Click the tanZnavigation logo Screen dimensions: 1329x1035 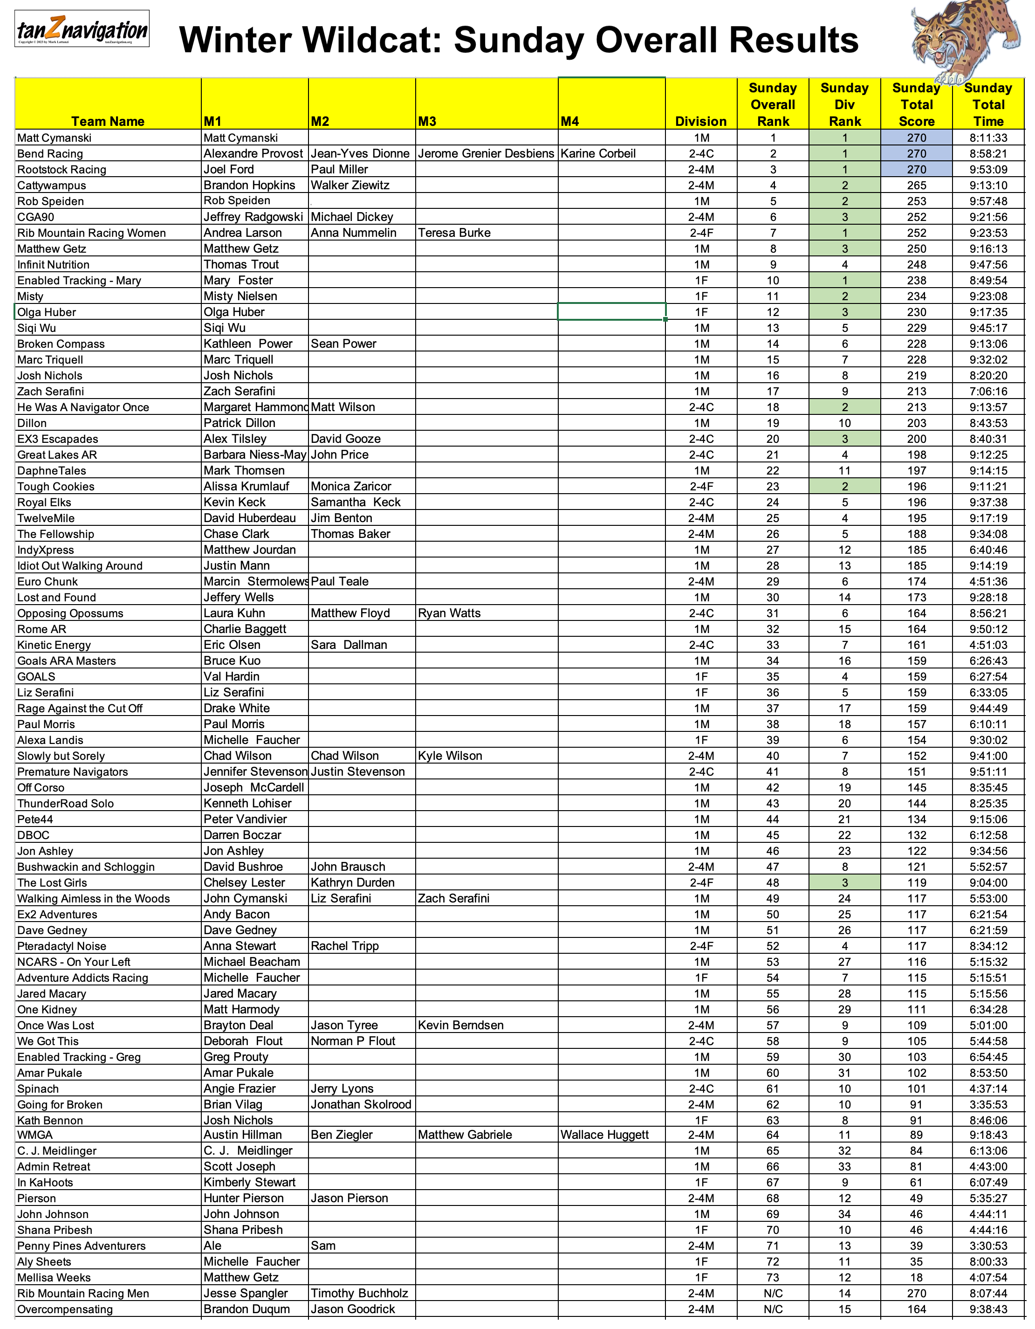pyautogui.click(x=82, y=29)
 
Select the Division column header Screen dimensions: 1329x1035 pyautogui.click(x=700, y=121)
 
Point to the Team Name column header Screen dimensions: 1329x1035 pyautogui.click(x=108, y=121)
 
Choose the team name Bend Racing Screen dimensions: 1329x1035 pyautogui.click(x=50, y=154)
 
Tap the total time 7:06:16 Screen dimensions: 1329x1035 pyautogui.click(x=987, y=391)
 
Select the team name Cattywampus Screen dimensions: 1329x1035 pyautogui.click(x=52, y=186)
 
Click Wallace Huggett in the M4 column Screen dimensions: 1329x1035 pyautogui.click(x=604, y=1135)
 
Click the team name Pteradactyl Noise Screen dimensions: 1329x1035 pyautogui.click(x=62, y=946)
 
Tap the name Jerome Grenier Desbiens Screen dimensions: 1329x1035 pyautogui.click(x=486, y=153)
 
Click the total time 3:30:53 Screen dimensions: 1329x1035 pyautogui.click(x=987, y=1246)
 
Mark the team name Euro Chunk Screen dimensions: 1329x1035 pyautogui.click(x=48, y=582)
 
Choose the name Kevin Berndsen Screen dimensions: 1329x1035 pyautogui.click(x=460, y=1026)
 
